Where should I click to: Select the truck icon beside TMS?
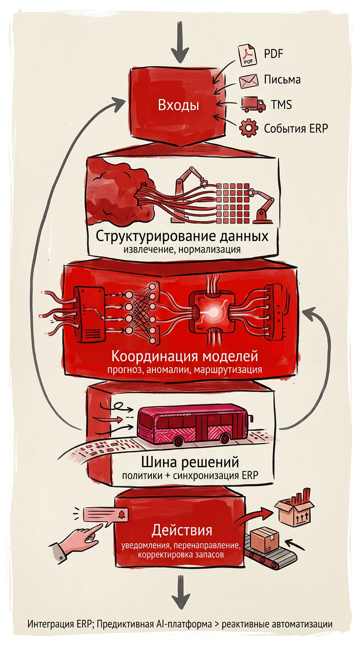click(x=252, y=104)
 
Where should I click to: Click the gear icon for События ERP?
click(x=248, y=128)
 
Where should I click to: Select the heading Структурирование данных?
click(x=182, y=235)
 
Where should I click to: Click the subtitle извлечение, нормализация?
click(x=182, y=249)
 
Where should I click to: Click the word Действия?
click(x=182, y=531)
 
